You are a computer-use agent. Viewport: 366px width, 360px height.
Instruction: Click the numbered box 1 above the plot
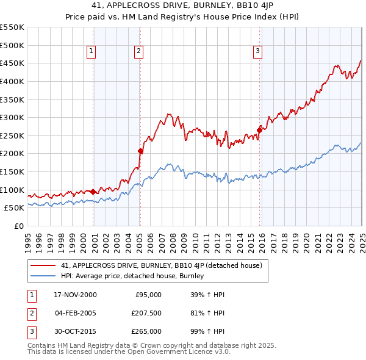(x=91, y=52)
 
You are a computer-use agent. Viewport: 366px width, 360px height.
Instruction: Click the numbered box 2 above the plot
(x=139, y=52)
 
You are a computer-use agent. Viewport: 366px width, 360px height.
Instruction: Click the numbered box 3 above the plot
(x=258, y=52)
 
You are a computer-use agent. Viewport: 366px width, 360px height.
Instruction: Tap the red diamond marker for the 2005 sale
(x=140, y=151)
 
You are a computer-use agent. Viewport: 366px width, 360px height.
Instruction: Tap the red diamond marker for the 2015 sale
(x=260, y=129)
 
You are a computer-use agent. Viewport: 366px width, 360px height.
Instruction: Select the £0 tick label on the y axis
(x=19, y=226)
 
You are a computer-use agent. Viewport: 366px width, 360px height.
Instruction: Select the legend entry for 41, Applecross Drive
(x=162, y=265)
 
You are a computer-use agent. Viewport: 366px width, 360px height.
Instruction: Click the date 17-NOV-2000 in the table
(x=75, y=295)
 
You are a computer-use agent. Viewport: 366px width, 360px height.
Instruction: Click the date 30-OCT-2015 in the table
(x=75, y=331)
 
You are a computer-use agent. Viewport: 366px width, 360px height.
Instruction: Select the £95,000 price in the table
(x=148, y=295)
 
